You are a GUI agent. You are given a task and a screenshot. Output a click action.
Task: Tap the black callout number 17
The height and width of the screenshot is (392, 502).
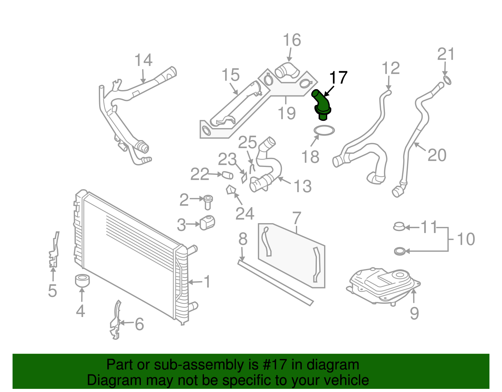[x=338, y=78]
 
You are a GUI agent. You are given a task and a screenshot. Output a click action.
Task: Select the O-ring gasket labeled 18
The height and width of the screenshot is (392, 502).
[x=324, y=130]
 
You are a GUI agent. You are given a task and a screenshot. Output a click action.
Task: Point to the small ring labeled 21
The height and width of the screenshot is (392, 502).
[x=447, y=80]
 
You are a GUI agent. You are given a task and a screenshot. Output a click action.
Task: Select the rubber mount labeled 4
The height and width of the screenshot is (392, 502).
[x=83, y=280]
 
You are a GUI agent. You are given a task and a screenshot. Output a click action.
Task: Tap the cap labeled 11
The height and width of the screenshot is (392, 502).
[x=399, y=226]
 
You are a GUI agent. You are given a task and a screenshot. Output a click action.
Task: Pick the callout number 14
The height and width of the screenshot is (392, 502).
[x=143, y=60]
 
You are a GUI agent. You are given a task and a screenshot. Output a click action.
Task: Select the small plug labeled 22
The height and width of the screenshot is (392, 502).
[x=227, y=175]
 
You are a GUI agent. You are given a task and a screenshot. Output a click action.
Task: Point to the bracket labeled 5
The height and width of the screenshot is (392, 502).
[x=54, y=251]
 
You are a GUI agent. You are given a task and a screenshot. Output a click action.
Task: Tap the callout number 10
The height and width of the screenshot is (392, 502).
[x=466, y=239]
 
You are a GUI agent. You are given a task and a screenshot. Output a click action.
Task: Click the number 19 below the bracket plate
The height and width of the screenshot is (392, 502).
[x=287, y=113]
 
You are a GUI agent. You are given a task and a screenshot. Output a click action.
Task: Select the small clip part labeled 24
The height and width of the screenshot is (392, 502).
[x=231, y=190]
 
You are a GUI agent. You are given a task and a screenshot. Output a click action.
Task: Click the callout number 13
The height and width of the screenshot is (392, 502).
[x=302, y=186]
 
